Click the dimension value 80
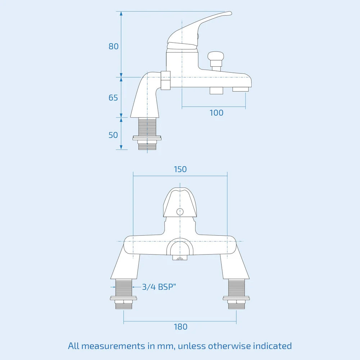click(114, 46)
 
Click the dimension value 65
click(113, 98)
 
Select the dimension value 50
click(113, 135)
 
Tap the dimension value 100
click(216, 113)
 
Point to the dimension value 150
click(180, 169)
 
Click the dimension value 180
click(180, 327)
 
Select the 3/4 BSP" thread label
click(159, 287)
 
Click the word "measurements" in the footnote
click(114, 346)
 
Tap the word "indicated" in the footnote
click(272, 346)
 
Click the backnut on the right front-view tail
click(236, 298)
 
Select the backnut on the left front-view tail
click(124, 298)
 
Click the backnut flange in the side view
click(147, 138)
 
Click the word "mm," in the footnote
click(165, 346)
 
